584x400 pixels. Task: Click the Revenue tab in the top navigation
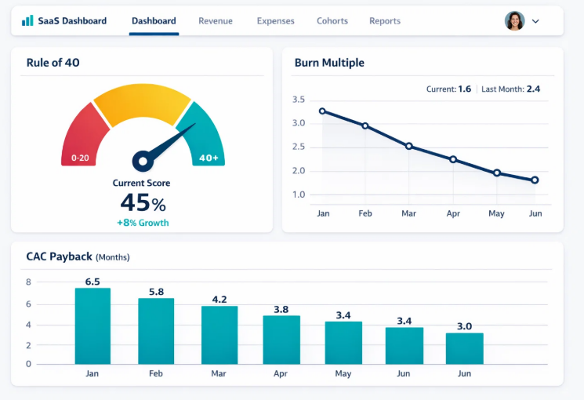[216, 21]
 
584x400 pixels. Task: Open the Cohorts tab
[332, 21]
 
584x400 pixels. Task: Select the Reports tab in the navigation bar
[385, 21]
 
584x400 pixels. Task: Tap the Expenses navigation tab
[275, 21]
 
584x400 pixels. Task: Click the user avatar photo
[514, 21]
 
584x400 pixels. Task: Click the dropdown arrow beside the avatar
[536, 21]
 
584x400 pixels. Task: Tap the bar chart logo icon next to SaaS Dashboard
[27, 20]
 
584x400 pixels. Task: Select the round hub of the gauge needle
[141, 162]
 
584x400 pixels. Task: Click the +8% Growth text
[143, 223]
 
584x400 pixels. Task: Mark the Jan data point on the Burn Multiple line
[322, 111]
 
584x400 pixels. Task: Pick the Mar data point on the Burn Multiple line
[408, 146]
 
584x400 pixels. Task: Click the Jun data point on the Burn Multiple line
[535, 180]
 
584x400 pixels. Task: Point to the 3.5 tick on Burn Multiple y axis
[298, 100]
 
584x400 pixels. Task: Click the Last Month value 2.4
[533, 89]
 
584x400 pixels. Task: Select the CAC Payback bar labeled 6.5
[92, 325]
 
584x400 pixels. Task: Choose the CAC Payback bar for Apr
[281, 339]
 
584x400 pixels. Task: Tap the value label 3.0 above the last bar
[464, 326]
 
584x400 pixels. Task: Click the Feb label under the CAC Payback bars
[155, 374]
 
